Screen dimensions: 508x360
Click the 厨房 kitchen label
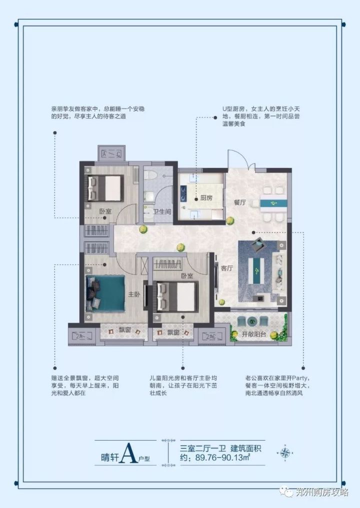[207, 198]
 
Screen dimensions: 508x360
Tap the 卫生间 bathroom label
[162, 212]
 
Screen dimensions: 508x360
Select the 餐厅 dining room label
[240, 203]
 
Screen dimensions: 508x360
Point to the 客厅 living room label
[227, 268]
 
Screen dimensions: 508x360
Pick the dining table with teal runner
[273, 203]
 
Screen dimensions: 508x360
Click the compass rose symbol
[285, 453]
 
